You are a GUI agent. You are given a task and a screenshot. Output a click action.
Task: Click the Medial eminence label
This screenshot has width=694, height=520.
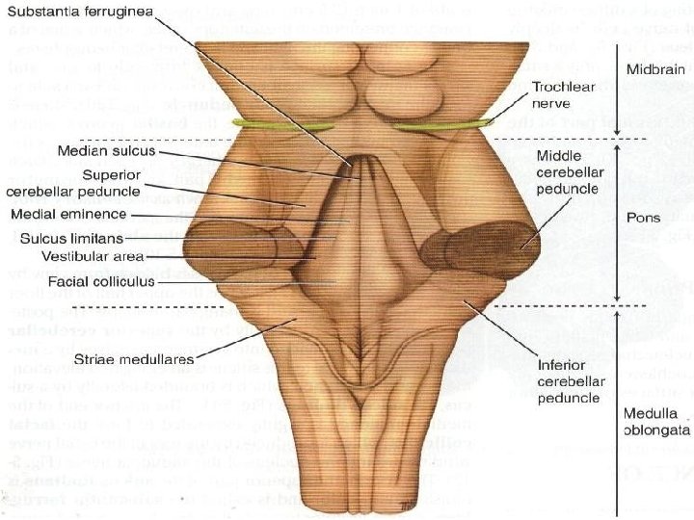[x=68, y=214]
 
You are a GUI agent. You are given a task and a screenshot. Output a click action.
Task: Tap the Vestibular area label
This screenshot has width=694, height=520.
[x=93, y=257]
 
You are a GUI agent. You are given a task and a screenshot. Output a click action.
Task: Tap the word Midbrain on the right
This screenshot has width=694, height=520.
[x=654, y=69]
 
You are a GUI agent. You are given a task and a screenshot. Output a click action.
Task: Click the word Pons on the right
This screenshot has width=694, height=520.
[x=642, y=219]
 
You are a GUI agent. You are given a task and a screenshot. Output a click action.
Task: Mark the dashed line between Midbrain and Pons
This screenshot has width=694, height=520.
[x=578, y=139]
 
